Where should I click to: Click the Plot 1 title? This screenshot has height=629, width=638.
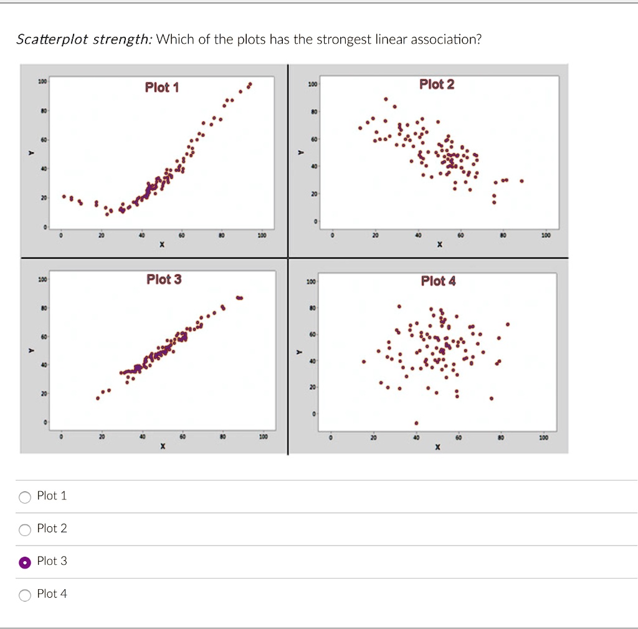tap(162, 87)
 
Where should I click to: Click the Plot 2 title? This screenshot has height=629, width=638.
tap(437, 84)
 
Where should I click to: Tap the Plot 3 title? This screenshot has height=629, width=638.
tap(164, 279)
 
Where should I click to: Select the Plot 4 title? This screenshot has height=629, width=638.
tap(438, 281)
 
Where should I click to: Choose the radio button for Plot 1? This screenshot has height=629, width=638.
tap(25, 497)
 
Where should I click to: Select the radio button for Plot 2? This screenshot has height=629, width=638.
tap(25, 530)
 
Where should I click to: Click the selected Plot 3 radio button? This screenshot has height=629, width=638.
tap(25, 562)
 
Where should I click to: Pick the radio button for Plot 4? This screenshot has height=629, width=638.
tap(25, 595)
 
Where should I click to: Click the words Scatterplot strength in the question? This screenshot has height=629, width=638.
tap(83, 41)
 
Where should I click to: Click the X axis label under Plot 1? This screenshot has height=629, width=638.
tap(161, 245)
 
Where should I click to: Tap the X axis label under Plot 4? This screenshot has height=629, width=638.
tap(437, 447)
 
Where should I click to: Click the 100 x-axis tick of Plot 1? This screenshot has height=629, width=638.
tap(262, 236)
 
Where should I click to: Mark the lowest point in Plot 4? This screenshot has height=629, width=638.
tap(416, 423)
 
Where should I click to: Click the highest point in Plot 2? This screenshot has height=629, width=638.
tap(386, 99)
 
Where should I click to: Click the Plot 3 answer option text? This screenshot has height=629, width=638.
tap(52, 561)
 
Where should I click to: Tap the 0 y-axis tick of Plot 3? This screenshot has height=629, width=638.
tap(45, 423)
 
